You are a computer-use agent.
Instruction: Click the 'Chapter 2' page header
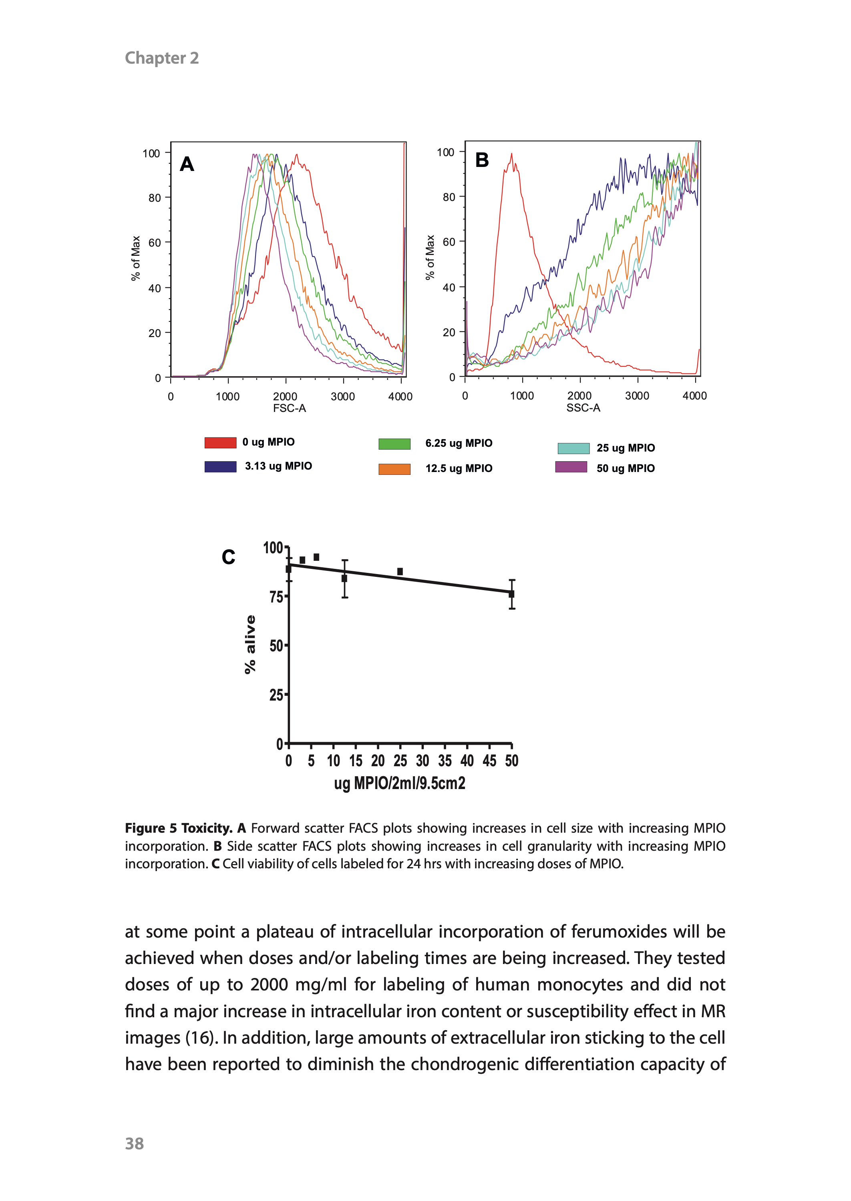tap(161, 58)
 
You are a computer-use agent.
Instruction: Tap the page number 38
tap(134, 1143)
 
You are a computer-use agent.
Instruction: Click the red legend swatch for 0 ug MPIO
tap(220, 443)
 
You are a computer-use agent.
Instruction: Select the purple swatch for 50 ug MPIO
tap(571, 467)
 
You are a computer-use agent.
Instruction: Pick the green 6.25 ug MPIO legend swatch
tap(394, 444)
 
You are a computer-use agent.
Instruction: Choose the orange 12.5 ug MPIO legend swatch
tap(394, 469)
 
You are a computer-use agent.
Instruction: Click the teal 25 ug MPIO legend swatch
tap(573, 448)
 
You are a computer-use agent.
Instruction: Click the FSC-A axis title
tap(289, 408)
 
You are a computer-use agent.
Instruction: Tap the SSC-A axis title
tap(583, 408)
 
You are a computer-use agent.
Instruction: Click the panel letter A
tap(187, 164)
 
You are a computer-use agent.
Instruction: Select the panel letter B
tap(482, 160)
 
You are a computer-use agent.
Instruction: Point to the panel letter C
tap(229, 557)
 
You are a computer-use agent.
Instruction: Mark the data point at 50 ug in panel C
tap(511, 594)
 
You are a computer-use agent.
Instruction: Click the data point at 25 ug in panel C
tap(400, 571)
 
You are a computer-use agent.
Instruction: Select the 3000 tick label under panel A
tap(343, 396)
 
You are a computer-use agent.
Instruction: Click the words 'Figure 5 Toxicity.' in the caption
tap(179, 828)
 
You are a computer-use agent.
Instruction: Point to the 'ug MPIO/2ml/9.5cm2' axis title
tap(399, 783)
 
